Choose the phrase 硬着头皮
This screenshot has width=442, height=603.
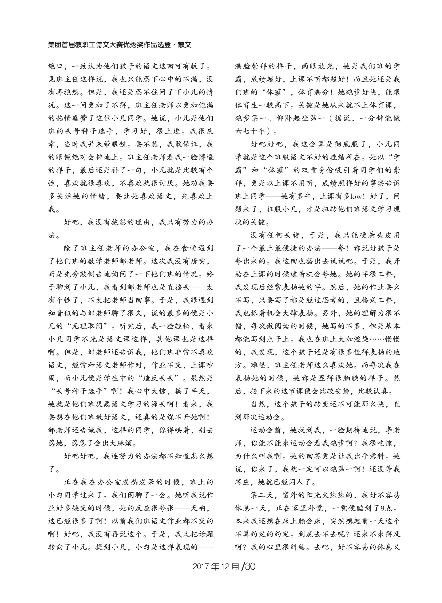click(372, 235)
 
